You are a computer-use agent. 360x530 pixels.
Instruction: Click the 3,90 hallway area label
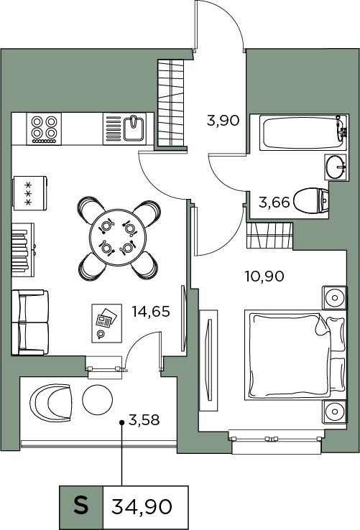[223, 121]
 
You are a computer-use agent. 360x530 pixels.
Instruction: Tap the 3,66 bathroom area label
[274, 203]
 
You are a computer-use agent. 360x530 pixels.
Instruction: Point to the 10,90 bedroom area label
[264, 276]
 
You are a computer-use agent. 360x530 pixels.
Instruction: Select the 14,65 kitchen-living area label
[151, 311]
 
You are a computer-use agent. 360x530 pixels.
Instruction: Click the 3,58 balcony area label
[144, 420]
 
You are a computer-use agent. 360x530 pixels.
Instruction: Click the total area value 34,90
[142, 507]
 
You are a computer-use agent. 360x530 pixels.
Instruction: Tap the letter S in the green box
[81, 506]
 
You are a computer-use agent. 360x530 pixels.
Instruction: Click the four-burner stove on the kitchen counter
[44, 129]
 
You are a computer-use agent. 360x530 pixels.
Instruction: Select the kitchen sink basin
[134, 129]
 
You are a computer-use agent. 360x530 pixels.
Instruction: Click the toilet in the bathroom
[311, 201]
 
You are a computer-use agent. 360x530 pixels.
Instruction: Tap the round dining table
[118, 237]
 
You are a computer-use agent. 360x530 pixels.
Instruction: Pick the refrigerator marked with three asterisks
[29, 193]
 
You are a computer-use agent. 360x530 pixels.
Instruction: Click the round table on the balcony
[98, 400]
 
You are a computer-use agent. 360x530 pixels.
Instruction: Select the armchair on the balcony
[51, 402]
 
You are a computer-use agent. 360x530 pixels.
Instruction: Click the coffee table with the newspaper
[107, 323]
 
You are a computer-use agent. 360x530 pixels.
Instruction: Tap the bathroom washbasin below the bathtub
[336, 167]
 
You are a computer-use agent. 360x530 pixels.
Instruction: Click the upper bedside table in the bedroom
[335, 297]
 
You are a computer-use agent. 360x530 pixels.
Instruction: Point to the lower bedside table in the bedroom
[335, 412]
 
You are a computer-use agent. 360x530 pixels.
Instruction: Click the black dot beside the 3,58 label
[122, 422]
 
